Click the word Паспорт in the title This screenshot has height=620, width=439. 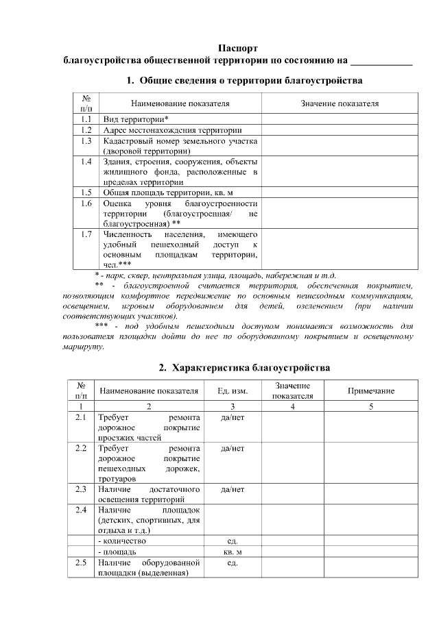238,49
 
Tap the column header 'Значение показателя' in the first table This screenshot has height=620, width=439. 340,103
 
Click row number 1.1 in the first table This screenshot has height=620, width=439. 86,118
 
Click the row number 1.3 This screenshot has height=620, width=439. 86,140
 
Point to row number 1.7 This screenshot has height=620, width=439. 86,234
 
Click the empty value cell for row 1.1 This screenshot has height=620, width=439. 340,118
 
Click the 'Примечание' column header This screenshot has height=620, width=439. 371,390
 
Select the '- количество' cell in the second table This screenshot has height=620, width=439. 122,541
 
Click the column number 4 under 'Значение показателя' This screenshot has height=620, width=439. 292,406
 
